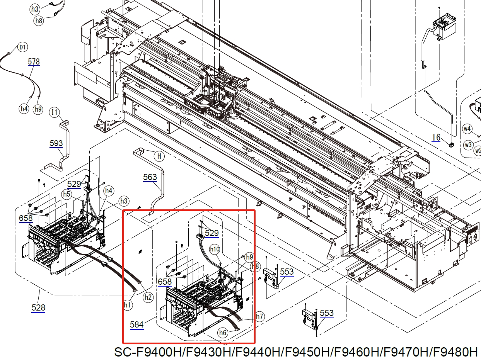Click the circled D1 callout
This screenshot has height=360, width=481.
coord(22,47)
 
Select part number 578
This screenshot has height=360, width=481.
coord(34,62)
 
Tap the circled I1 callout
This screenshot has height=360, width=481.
coord(54,112)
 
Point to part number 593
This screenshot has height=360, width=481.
coord(56,143)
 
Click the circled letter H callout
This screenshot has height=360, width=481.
coord(159,156)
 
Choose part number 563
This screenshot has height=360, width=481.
coord(150,177)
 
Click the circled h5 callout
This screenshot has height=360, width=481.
coord(67,194)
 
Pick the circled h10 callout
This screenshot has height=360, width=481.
coord(215,249)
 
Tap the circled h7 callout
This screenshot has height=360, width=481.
coord(259,316)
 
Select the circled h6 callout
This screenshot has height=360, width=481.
coord(223,333)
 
